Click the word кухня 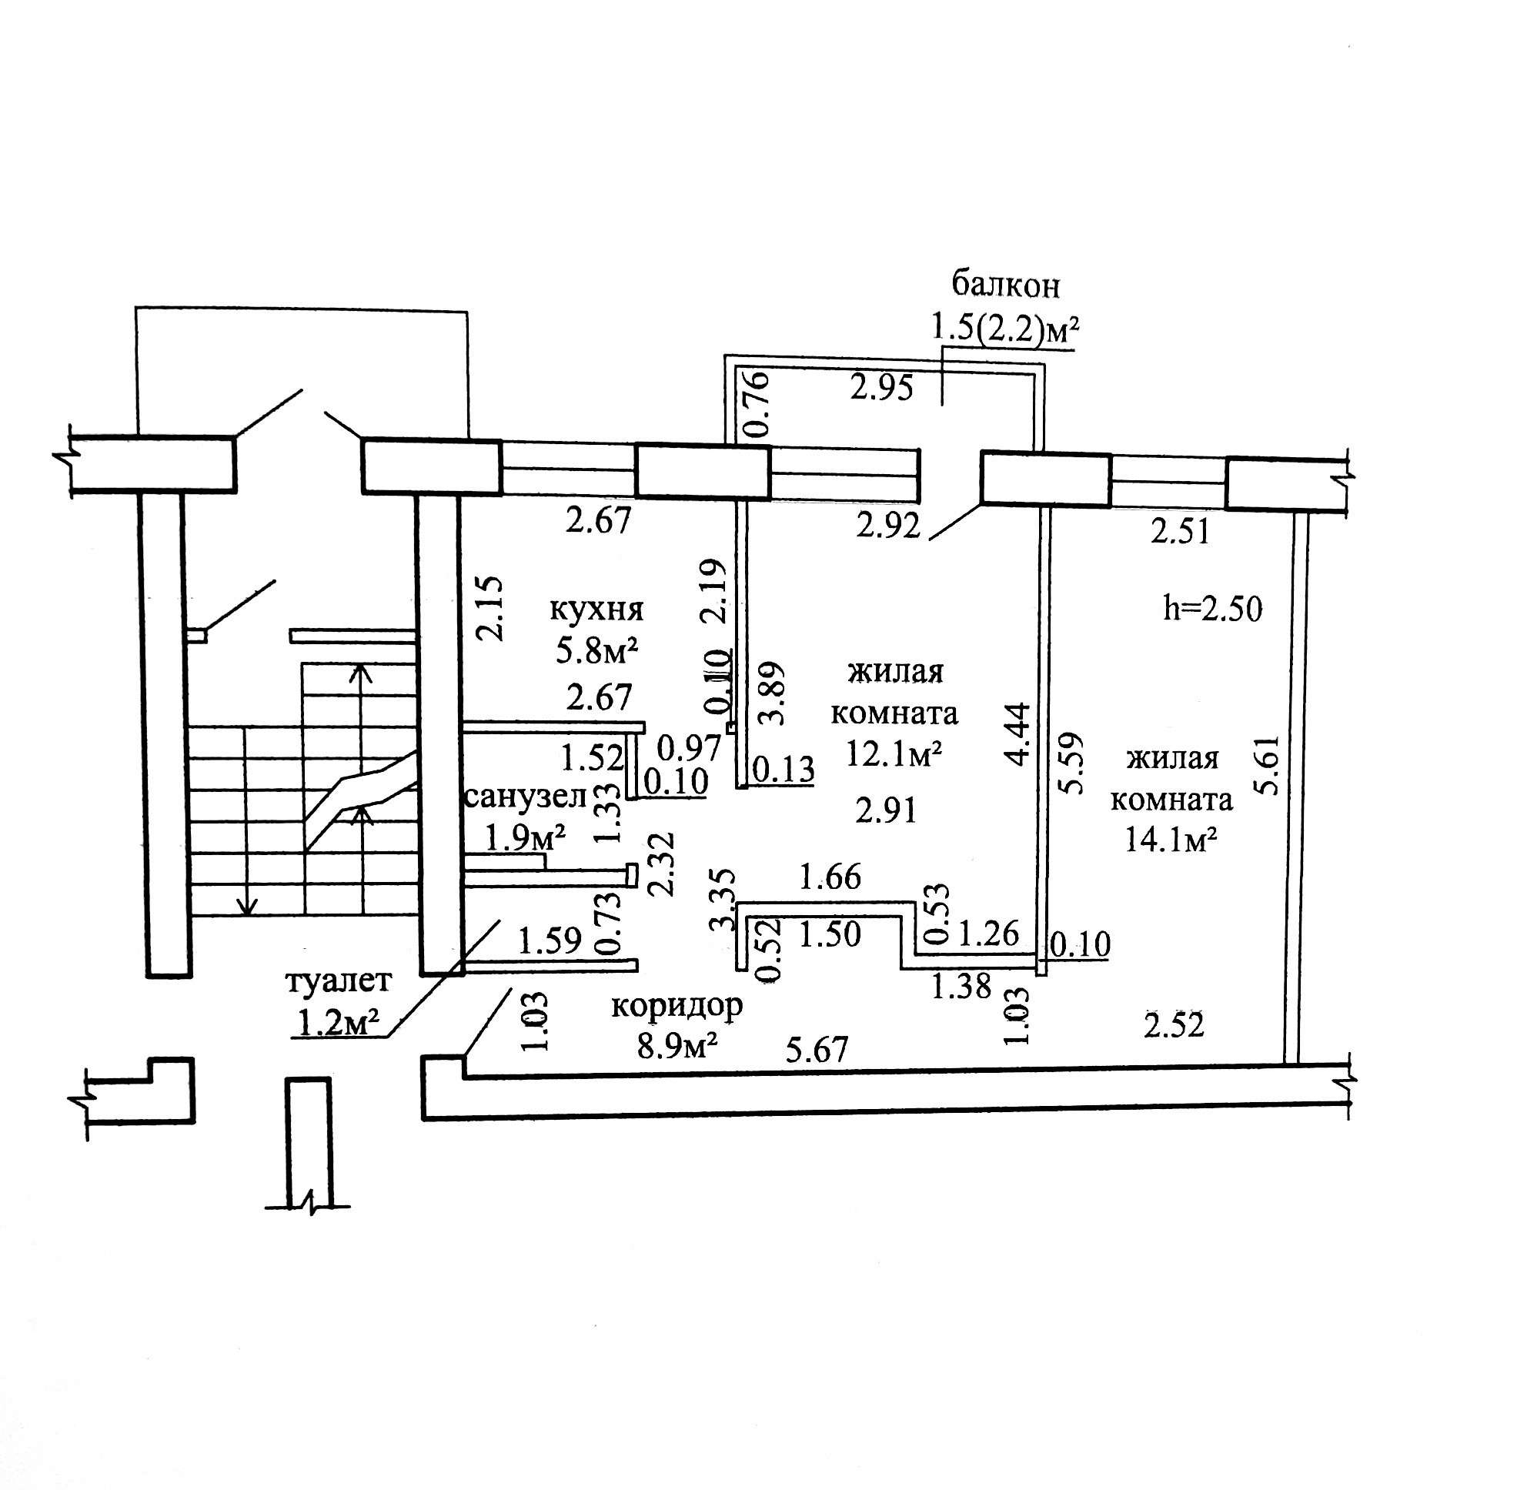(x=596, y=610)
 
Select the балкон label (x=1006, y=285)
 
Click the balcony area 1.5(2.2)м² (x=1004, y=328)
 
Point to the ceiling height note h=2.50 (x=1212, y=608)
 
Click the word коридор (x=677, y=1007)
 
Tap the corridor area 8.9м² (x=677, y=1046)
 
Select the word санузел (x=525, y=797)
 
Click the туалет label (x=338, y=981)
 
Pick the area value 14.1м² (x=1171, y=840)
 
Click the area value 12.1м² (x=893, y=753)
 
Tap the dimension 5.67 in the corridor (x=817, y=1050)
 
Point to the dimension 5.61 (x=1265, y=764)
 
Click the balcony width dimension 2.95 (x=882, y=388)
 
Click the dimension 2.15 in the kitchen (x=492, y=609)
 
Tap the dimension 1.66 (x=830, y=877)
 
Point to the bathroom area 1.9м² (x=526, y=839)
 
